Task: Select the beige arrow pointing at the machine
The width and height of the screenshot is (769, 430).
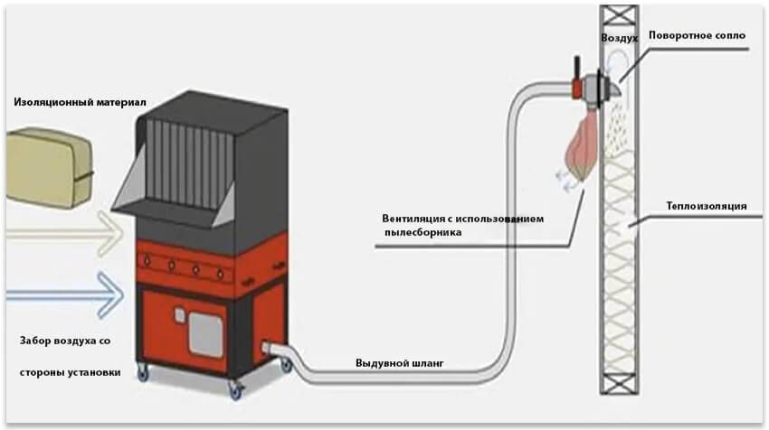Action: point(63,238)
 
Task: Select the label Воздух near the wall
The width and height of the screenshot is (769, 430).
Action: point(620,39)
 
